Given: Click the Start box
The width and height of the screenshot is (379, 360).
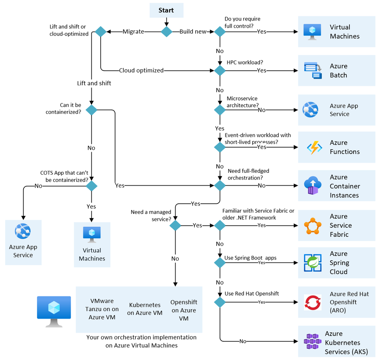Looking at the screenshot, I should coord(166,10).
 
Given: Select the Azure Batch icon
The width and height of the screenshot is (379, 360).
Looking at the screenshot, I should coord(313,71).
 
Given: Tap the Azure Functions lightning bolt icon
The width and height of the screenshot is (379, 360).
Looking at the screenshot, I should coord(314,147).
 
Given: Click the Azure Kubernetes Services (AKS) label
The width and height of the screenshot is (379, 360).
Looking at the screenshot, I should coord(343,343).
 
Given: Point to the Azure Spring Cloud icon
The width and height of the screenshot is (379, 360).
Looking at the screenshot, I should coord(313,263).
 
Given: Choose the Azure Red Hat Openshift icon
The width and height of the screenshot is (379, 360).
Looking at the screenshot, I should coord(313,302).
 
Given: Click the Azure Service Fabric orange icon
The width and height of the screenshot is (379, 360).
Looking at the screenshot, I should coord(313,225).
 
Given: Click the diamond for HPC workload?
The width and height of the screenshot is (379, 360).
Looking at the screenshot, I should coord(220,70).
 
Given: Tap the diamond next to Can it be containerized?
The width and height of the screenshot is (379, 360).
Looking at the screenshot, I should coord(91,110).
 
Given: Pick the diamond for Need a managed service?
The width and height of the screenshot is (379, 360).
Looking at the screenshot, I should coord(175,225).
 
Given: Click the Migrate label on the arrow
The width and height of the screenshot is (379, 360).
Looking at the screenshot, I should coord(133,32).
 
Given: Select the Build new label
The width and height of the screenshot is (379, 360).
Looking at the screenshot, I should coord(193,32).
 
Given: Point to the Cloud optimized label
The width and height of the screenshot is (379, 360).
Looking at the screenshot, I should coord(141,70).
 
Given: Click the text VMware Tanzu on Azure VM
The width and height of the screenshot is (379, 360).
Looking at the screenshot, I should coord(102,309).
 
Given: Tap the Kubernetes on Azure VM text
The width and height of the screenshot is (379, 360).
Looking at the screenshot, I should coord(145,309).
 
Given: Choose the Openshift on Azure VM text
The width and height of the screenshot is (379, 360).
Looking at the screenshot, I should coord(184,310).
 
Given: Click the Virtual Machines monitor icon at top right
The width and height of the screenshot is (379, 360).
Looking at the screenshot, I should coord(313,32).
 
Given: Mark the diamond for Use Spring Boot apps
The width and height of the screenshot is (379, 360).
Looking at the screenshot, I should coord(220,263).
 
